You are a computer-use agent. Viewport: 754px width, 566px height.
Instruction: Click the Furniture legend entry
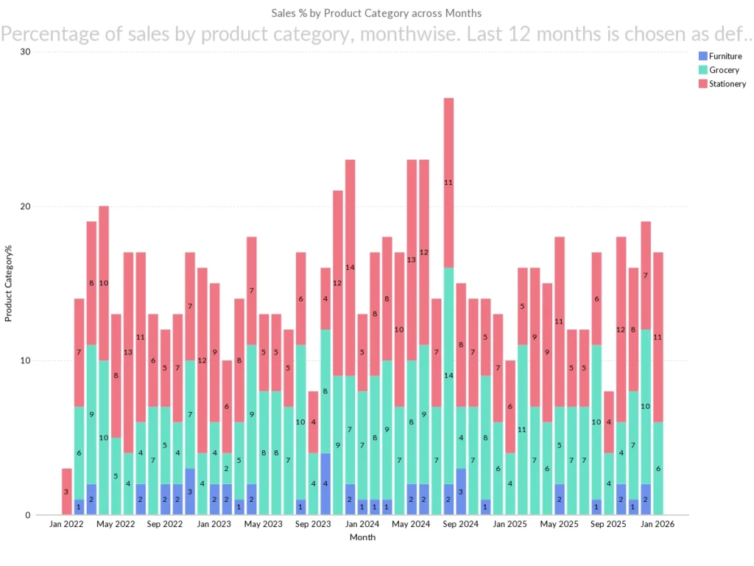tap(725, 56)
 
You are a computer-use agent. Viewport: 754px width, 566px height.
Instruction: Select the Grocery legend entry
tap(723, 70)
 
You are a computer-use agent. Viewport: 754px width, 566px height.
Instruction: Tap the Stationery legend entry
tap(727, 84)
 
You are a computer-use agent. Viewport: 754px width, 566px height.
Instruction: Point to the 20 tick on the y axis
tap(25, 206)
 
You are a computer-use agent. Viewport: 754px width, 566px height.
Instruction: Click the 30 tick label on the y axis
tap(25, 52)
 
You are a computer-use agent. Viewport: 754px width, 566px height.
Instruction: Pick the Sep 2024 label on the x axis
tap(461, 525)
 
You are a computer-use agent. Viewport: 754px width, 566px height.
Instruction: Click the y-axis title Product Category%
tap(9, 284)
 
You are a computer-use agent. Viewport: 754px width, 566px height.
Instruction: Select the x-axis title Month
tap(362, 537)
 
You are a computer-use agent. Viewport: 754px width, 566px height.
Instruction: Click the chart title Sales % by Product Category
tap(376, 13)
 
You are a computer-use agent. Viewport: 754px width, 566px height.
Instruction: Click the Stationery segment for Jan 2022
tap(67, 492)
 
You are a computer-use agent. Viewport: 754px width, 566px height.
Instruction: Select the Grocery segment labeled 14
tap(448, 376)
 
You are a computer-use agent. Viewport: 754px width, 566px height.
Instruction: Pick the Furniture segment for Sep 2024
tap(461, 492)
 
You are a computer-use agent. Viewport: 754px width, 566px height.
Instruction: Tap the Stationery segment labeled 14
tap(350, 268)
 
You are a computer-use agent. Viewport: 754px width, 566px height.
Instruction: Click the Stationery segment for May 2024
tap(412, 260)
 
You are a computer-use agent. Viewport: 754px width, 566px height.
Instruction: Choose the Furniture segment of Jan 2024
tap(362, 507)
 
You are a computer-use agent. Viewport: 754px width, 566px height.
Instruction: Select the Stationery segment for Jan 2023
tap(214, 353)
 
